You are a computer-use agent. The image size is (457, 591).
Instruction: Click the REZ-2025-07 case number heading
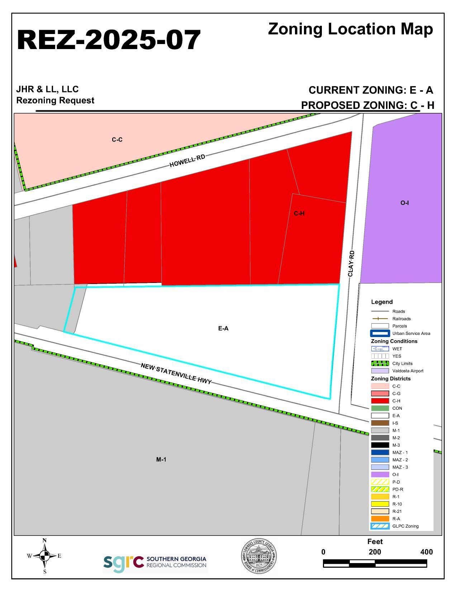pyautogui.click(x=109, y=39)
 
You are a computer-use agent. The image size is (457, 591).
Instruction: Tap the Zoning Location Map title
pyautogui.click(x=350, y=29)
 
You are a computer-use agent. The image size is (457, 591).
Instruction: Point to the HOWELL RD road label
pyautogui.click(x=187, y=161)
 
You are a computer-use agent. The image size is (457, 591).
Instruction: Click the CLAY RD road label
pyautogui.click(x=351, y=263)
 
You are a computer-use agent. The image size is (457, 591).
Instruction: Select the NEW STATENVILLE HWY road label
pyautogui.click(x=176, y=373)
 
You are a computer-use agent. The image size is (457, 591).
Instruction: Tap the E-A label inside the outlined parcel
pyautogui.click(x=223, y=328)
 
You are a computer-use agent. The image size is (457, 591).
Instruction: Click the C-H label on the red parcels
pyautogui.click(x=299, y=213)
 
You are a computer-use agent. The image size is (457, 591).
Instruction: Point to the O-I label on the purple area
pyautogui.click(x=404, y=203)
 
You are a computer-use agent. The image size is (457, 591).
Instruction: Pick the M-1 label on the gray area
pyautogui.click(x=161, y=460)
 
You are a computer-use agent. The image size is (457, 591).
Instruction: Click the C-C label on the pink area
pyautogui.click(x=117, y=140)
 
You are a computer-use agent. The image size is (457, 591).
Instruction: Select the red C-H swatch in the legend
pyautogui.click(x=380, y=401)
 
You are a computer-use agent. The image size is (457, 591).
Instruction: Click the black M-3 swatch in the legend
pyautogui.click(x=380, y=445)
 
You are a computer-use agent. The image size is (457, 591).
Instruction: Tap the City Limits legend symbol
pyautogui.click(x=380, y=364)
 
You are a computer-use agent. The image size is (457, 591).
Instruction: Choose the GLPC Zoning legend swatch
pyautogui.click(x=380, y=526)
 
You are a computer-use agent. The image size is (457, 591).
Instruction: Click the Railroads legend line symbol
pyautogui.click(x=380, y=319)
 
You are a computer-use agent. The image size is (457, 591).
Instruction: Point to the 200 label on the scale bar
pyautogui.click(x=375, y=552)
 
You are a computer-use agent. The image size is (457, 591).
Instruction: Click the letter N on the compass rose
pyautogui.click(x=44, y=540)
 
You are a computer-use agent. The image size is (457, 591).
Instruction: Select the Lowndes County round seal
pyautogui.click(x=258, y=557)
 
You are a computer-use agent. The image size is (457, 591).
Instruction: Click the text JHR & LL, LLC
pyautogui.click(x=47, y=89)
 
